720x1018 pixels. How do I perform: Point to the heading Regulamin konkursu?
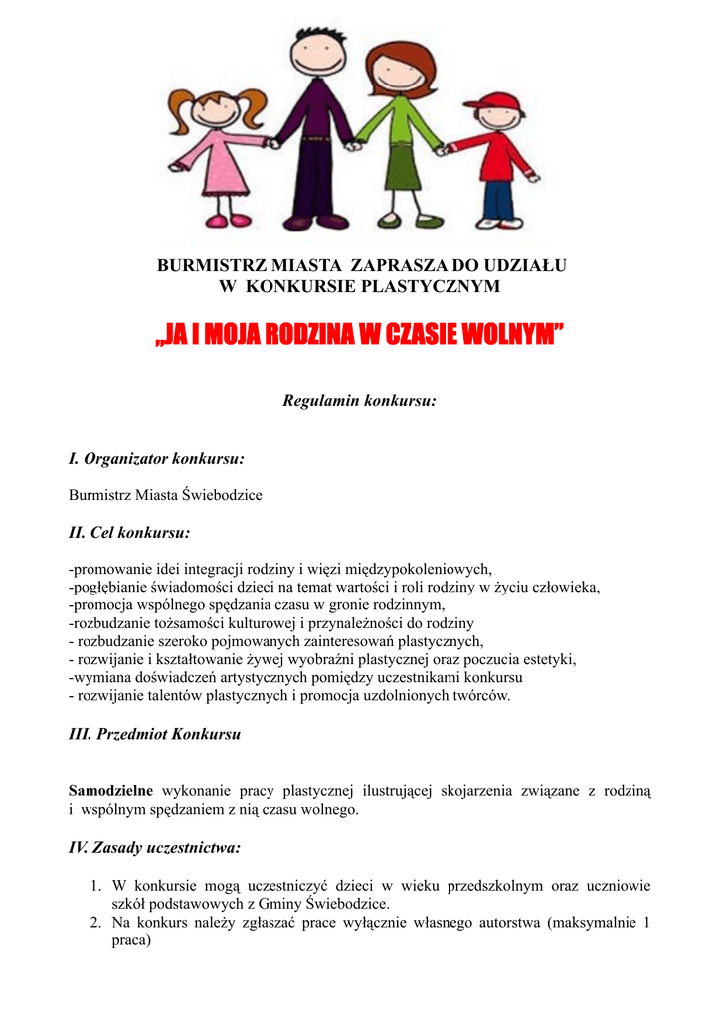tap(359, 401)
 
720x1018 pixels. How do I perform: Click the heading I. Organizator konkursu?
tap(156, 459)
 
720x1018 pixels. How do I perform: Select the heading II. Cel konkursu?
tap(129, 533)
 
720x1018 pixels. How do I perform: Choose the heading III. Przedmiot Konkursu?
tap(154, 735)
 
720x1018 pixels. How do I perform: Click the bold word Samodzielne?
tap(110, 791)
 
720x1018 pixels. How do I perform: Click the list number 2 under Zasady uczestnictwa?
tap(95, 923)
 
